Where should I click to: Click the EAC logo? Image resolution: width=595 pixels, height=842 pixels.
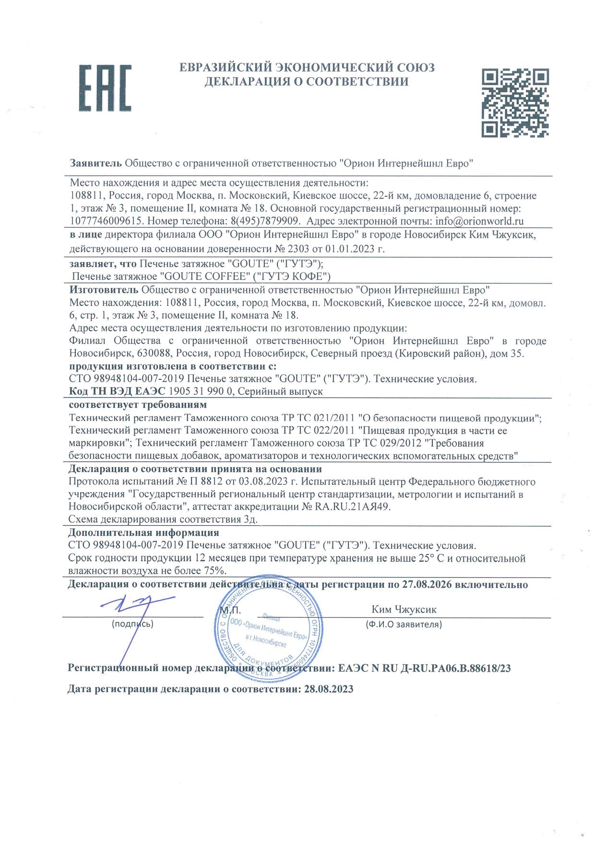(x=105, y=88)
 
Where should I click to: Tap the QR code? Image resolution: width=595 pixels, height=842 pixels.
(x=515, y=102)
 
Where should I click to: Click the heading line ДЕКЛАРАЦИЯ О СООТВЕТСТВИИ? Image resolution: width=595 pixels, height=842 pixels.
(x=307, y=82)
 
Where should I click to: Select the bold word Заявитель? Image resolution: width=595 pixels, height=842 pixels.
(x=96, y=163)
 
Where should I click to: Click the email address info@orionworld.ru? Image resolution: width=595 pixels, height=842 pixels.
(x=479, y=221)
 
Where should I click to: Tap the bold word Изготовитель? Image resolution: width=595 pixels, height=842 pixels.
(x=104, y=289)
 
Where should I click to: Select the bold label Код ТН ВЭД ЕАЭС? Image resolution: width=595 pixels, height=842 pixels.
(x=117, y=391)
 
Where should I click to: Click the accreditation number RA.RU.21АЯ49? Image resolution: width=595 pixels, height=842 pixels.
(x=353, y=506)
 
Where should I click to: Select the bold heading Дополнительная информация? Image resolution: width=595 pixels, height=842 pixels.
(x=143, y=532)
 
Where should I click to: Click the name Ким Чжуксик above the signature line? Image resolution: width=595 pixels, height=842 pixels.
(x=404, y=609)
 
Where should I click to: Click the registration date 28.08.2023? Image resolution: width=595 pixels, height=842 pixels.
(x=329, y=689)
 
